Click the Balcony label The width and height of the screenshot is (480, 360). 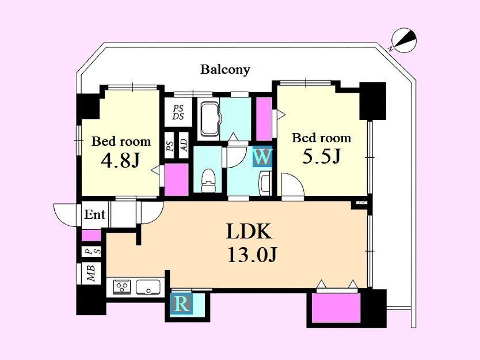[225, 70]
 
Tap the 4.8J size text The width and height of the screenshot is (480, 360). [120, 160]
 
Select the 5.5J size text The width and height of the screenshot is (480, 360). [321, 156]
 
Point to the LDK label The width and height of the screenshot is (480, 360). [249, 232]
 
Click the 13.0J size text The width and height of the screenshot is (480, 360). [252, 255]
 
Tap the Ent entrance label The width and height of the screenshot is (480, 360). [94, 214]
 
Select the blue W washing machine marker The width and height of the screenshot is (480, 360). [262, 157]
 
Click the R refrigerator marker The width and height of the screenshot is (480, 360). [181, 304]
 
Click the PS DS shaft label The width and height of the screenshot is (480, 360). [178, 112]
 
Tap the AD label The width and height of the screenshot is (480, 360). [184, 145]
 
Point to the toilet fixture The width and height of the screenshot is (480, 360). [208, 181]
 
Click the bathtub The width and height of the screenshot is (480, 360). [210, 119]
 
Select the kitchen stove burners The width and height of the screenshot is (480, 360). [122, 287]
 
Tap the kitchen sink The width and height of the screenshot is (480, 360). [148, 287]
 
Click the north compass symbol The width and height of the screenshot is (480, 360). [404, 40]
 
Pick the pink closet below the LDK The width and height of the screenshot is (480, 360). [336, 308]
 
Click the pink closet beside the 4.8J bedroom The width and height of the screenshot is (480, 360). [176, 179]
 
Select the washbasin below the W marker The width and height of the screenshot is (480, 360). [265, 183]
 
